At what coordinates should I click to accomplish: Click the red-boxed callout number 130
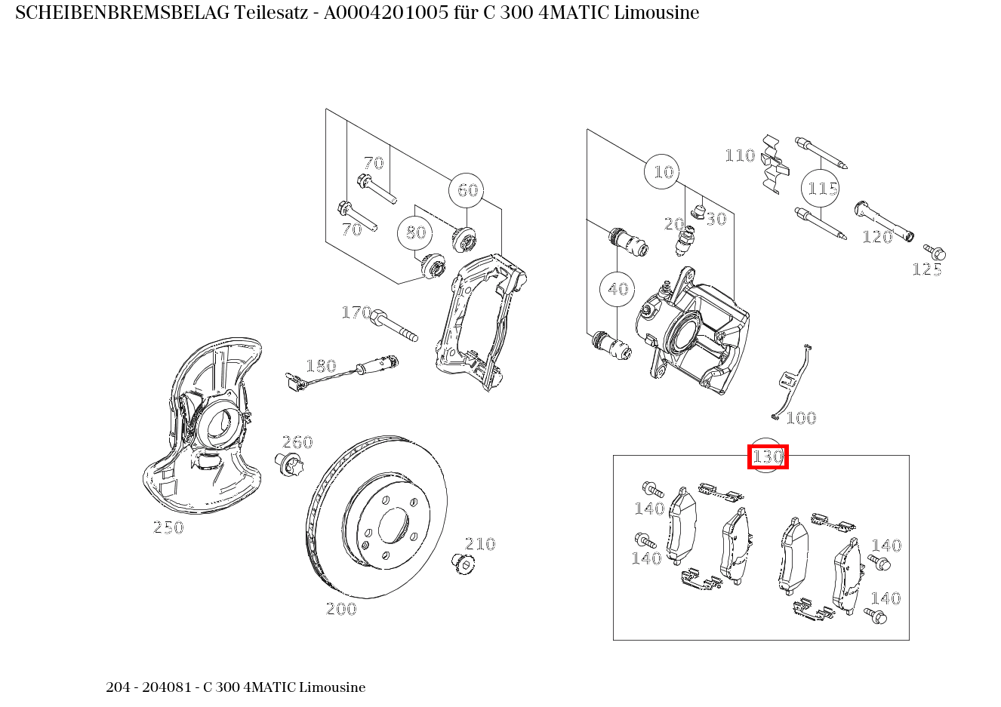[x=768, y=456]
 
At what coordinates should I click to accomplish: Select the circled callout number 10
[x=662, y=171]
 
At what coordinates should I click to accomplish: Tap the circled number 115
[x=820, y=188]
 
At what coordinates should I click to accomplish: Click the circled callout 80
[x=414, y=232]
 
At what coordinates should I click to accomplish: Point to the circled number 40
[x=618, y=289]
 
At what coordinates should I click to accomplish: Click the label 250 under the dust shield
[x=168, y=527]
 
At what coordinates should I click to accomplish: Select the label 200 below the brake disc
[x=341, y=609]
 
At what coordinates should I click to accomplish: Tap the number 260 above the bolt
[x=297, y=442]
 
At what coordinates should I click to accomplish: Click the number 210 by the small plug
[x=480, y=544]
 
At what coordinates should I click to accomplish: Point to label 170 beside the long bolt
[x=356, y=312]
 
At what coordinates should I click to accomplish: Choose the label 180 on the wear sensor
[x=321, y=366]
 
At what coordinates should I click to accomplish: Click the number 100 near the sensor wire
[x=801, y=418]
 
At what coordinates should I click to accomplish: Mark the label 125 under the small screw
[x=927, y=269]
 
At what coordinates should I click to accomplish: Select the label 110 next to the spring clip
[x=740, y=155]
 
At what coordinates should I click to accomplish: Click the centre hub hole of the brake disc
[x=393, y=526]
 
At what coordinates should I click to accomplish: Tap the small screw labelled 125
[x=935, y=252]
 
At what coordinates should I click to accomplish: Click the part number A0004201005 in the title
[x=386, y=13]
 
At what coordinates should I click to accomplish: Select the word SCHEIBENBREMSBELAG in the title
[x=122, y=13]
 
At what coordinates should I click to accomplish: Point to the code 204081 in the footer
[x=167, y=687]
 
